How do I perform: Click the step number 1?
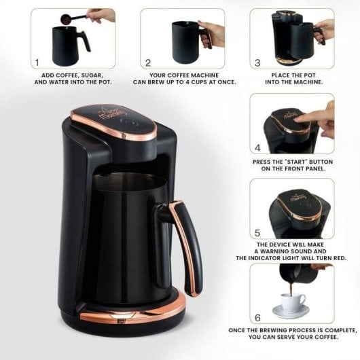(38, 62)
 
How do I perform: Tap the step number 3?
(257, 62)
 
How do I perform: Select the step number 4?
(257, 147)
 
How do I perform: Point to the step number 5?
(257, 232)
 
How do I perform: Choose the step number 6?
(257, 317)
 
